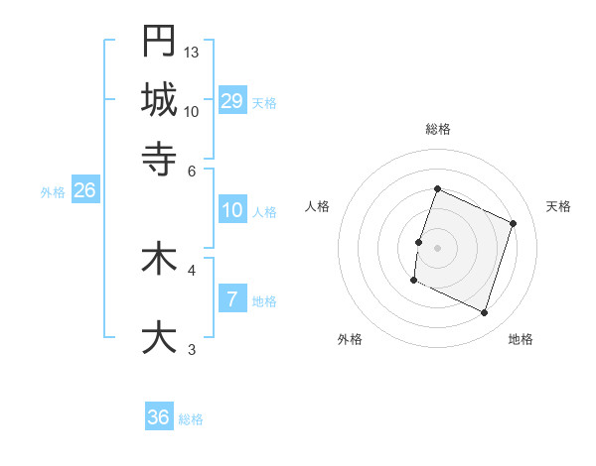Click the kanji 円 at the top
coord(159,42)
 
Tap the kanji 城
coord(159,98)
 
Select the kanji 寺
coord(159,156)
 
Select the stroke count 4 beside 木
coord(192,268)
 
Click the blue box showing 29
coord(231,101)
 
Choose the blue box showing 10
coord(231,210)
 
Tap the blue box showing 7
coord(231,299)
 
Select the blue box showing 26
coord(84,191)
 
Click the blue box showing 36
coord(159,417)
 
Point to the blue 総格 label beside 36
coord(191,419)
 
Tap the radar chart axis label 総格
coord(437,129)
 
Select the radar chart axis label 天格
coord(558,206)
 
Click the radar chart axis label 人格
coord(318,206)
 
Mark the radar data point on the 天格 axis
coord(513,223)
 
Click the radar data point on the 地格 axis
coord(484,312)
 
